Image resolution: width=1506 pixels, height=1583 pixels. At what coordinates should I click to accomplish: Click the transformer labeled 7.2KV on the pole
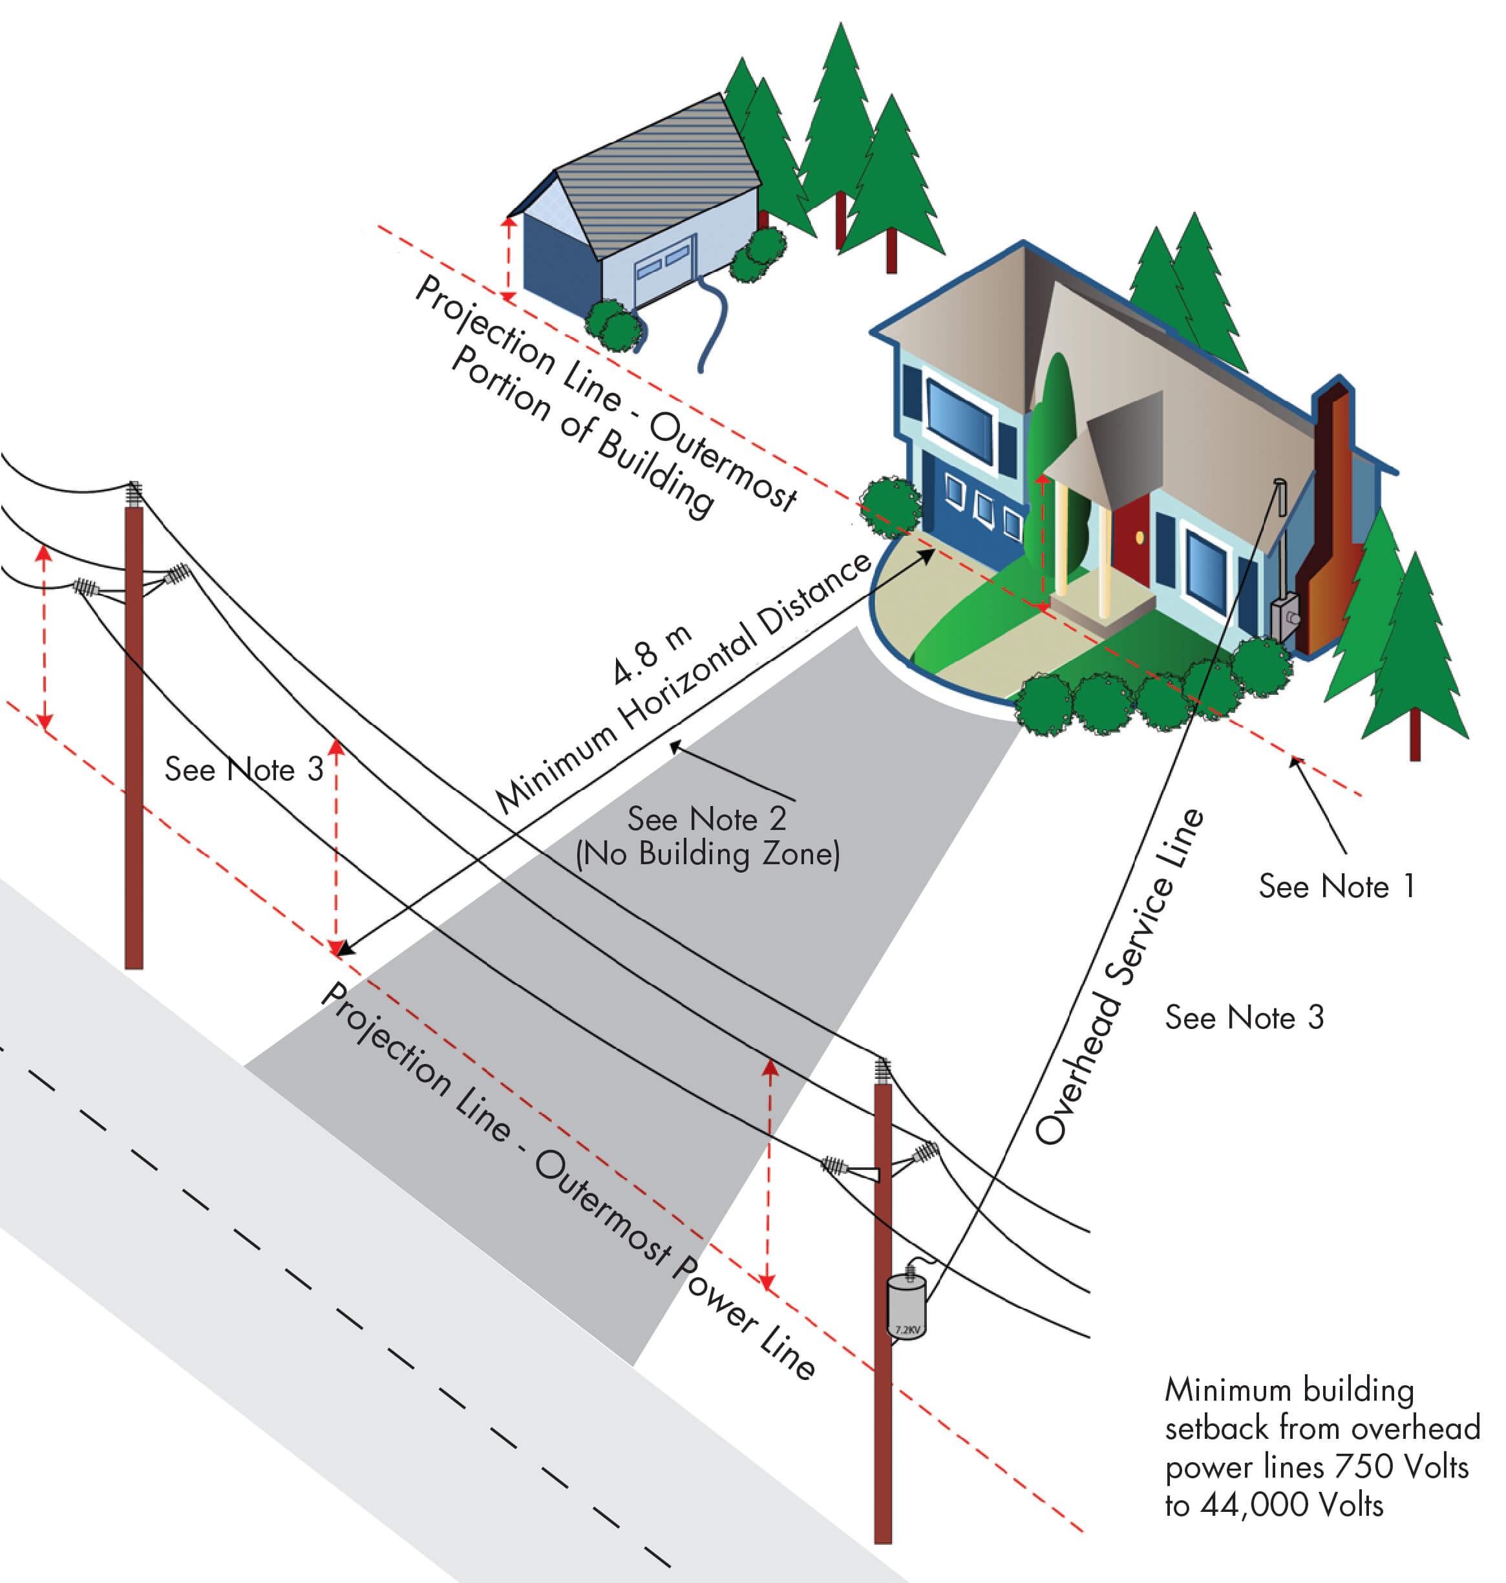(906, 1307)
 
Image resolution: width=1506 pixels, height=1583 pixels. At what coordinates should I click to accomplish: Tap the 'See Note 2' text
(706, 819)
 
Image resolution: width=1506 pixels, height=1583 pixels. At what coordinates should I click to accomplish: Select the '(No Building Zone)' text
(707, 854)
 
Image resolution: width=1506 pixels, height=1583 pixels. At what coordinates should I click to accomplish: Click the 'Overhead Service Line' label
(1120, 976)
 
